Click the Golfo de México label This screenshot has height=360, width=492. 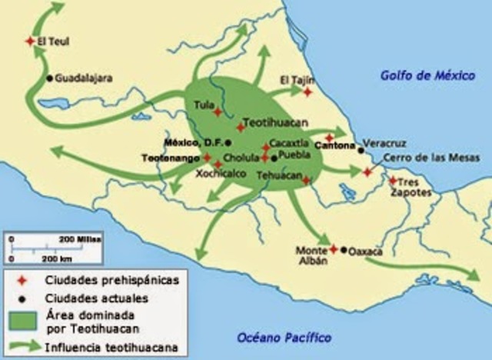point(422,75)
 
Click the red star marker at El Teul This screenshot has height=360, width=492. point(30,42)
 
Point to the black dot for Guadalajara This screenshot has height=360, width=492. point(50,78)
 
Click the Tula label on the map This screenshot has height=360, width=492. point(204,104)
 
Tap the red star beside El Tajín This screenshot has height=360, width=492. point(307,92)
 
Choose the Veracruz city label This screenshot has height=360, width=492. point(384,144)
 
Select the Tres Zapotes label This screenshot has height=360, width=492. point(416,190)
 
